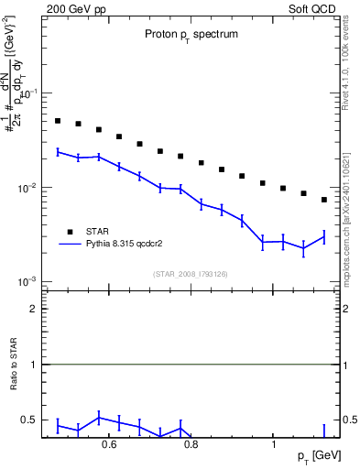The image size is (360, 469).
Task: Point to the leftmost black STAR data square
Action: click(x=57, y=121)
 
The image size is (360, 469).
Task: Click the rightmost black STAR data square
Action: click(x=323, y=200)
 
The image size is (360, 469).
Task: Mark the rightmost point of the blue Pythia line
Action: click(x=323, y=237)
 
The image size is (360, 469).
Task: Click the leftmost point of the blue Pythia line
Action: click(x=57, y=152)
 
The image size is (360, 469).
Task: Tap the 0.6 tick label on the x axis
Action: click(x=109, y=446)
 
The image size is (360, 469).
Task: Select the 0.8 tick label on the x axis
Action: click(x=191, y=446)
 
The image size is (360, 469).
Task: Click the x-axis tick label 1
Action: click(x=274, y=446)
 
